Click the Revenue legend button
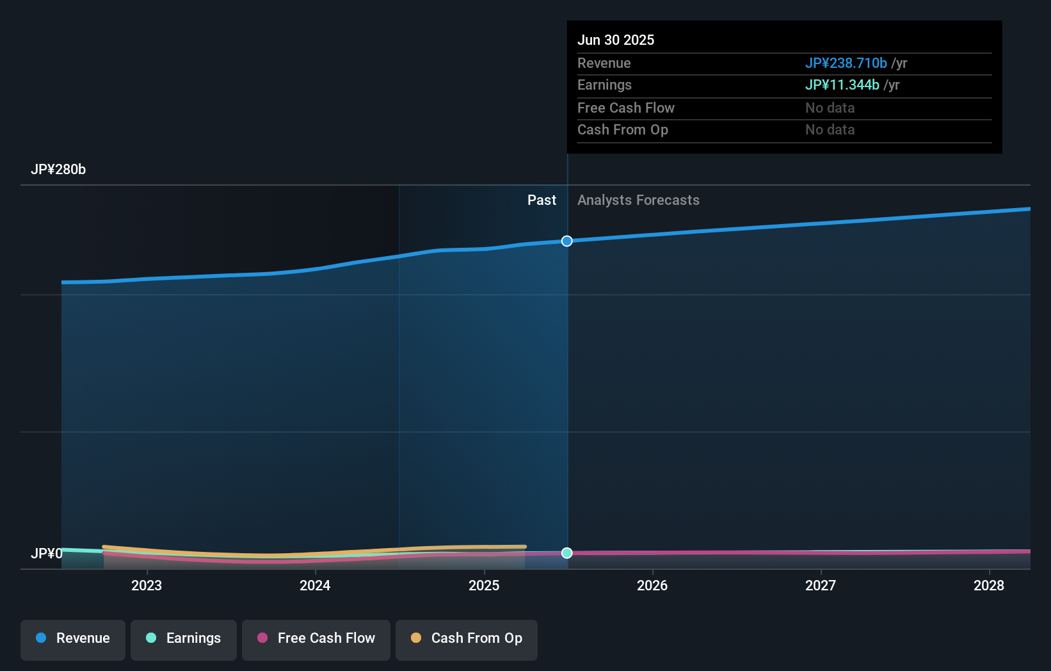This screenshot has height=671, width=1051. click(x=73, y=639)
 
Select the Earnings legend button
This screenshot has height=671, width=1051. click(x=184, y=639)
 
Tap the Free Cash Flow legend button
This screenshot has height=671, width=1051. click(x=316, y=639)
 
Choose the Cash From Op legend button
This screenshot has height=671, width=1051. click(x=467, y=639)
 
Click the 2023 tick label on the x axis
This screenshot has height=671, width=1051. click(x=147, y=586)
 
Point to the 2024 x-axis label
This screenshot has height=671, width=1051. click(x=315, y=586)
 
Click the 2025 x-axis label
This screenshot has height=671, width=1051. click(x=484, y=586)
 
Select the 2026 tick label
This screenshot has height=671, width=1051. click(x=652, y=586)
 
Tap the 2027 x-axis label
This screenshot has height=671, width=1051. click(x=821, y=586)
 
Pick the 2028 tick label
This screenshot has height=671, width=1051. click(x=989, y=586)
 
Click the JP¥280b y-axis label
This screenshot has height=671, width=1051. click(x=58, y=170)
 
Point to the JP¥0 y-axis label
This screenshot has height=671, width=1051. click(x=47, y=554)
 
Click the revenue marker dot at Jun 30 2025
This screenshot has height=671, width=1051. click(x=567, y=241)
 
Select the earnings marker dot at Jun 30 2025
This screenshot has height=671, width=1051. click(x=567, y=553)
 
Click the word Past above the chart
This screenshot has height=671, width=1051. click(x=542, y=200)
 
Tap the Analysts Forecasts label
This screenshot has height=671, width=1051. click(x=638, y=200)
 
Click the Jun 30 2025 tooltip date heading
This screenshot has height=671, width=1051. click(x=616, y=40)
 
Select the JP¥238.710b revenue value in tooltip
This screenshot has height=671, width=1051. click(x=846, y=63)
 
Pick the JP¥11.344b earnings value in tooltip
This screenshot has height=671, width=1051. click(x=842, y=85)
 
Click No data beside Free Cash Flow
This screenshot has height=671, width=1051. click(x=830, y=108)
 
